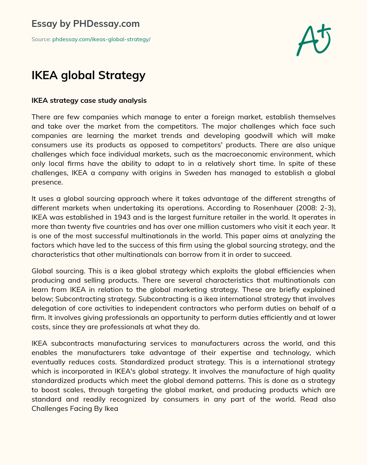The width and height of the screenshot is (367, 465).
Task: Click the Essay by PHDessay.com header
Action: [86, 24]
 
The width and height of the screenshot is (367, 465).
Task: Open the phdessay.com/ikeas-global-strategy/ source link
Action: [101, 39]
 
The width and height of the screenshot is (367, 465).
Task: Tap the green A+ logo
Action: [313, 40]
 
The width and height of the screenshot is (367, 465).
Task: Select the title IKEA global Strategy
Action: [89, 75]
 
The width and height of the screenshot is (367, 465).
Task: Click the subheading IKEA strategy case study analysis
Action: [89, 100]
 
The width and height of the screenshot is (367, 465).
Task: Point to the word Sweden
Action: [197, 173]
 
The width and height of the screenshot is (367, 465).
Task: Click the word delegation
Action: [49, 308]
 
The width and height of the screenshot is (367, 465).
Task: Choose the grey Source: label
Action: [41, 39]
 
